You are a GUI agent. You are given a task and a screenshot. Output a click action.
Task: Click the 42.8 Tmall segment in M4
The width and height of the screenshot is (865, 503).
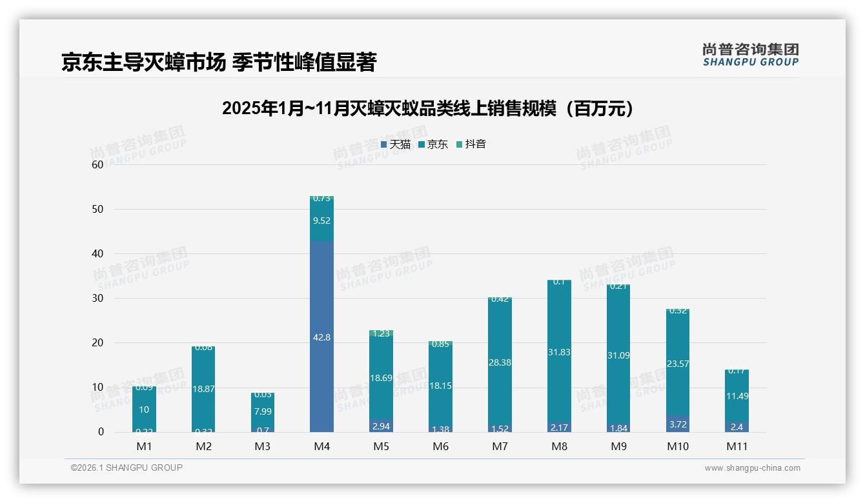[321, 337]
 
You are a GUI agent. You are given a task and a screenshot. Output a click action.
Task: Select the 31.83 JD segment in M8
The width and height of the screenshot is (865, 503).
[559, 352]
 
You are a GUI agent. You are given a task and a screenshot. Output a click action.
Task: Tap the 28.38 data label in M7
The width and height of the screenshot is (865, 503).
[500, 362]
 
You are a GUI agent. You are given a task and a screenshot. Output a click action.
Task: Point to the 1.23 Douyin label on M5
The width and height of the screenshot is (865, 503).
[381, 333]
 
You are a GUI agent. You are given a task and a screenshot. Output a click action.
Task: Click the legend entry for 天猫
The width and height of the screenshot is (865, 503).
[396, 144]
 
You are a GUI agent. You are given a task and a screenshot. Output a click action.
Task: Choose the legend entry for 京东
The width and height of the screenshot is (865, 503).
[433, 144]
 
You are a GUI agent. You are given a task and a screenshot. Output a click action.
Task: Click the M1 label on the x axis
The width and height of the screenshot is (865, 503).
[144, 446]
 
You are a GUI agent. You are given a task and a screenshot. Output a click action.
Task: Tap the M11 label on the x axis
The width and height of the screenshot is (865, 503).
[737, 446]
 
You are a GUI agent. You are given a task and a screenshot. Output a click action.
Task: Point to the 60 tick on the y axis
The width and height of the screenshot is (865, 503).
[97, 164]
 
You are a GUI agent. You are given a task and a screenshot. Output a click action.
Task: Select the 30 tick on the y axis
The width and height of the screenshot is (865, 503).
[97, 299]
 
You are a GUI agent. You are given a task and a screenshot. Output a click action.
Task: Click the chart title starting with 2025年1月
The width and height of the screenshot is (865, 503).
[427, 108]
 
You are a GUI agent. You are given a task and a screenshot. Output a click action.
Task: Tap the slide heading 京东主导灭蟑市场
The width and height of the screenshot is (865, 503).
[218, 63]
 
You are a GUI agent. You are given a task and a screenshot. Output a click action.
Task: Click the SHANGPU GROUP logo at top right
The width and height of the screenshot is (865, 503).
[750, 55]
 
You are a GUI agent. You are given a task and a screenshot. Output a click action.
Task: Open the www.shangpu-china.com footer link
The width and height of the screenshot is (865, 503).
[752, 468]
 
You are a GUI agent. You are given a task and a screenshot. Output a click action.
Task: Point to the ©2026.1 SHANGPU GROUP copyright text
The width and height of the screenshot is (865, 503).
[127, 468]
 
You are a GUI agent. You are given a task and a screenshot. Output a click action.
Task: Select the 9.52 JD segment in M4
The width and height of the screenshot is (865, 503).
[321, 221]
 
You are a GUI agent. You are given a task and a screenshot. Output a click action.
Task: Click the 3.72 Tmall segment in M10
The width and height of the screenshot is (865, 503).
[677, 424]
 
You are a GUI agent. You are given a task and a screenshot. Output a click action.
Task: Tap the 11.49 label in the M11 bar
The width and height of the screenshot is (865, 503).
[737, 396]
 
